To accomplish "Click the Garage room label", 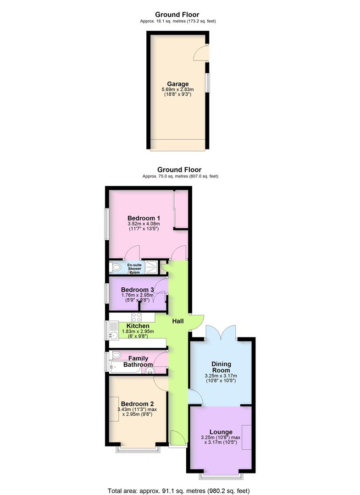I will tap(177, 84).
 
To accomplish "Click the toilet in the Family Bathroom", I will tap(116, 355).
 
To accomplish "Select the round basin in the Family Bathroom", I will tap(150, 370).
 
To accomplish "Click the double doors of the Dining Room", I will tap(222, 332).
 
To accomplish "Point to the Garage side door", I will tap(201, 53).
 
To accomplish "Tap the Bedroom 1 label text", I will tap(144, 218).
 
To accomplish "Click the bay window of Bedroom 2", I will tap(138, 449).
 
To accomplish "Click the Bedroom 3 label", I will tap(137, 290).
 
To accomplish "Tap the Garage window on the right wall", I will tap(207, 83).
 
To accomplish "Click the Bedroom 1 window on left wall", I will tap(106, 224).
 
